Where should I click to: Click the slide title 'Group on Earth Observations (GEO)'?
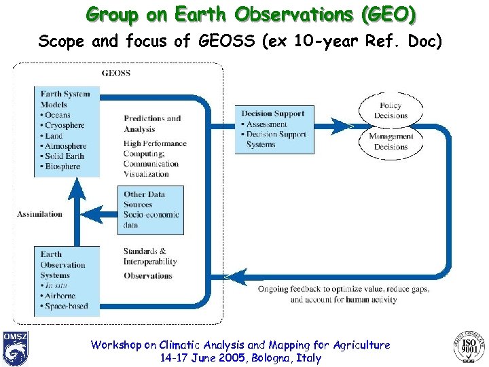point(251,14)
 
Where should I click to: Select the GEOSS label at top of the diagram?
point(116,73)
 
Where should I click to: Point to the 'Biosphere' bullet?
point(62,167)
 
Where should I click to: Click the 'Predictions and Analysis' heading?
point(152,123)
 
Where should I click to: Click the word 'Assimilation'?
point(39,214)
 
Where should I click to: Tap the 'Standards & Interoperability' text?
point(150,256)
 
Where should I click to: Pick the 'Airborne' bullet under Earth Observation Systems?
point(60,296)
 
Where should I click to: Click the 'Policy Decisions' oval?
point(391,110)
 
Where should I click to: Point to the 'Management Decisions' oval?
point(391,141)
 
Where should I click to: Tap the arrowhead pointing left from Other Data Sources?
point(99,214)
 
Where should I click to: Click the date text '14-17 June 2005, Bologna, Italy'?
point(240,358)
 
